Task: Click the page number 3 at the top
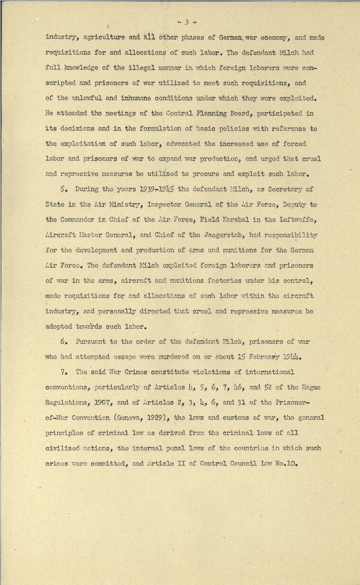(x=185, y=21)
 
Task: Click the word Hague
(x=310, y=387)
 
